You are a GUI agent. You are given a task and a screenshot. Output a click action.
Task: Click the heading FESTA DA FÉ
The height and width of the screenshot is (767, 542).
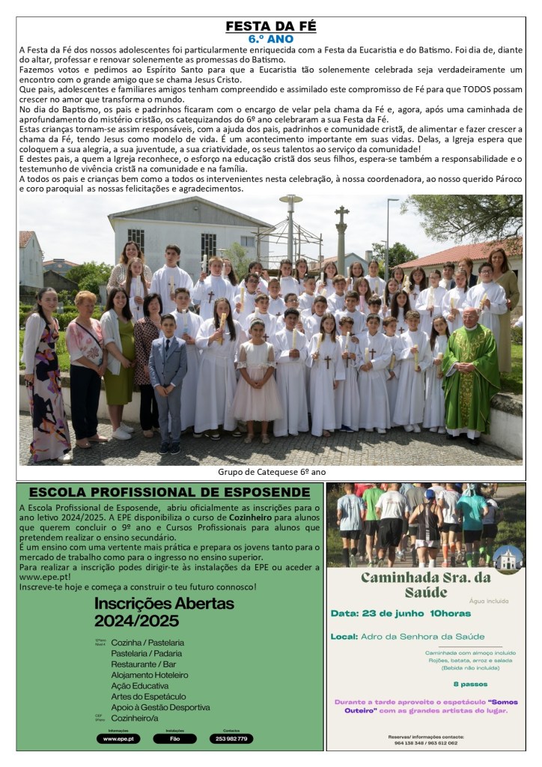coord(271,26)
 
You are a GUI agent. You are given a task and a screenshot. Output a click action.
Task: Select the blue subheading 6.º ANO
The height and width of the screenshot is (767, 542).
coord(270,38)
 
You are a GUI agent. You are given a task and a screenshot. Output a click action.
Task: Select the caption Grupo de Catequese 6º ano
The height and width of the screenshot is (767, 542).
coord(271,472)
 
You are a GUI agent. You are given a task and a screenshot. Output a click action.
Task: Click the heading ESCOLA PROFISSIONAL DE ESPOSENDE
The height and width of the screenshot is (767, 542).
coord(168,493)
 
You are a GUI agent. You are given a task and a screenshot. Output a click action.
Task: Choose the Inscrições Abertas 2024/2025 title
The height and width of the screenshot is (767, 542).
coord(164,612)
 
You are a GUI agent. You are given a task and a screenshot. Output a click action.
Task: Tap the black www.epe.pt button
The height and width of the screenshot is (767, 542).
coord(118,739)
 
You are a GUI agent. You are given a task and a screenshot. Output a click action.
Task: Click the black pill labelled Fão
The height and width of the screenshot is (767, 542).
coord(174,739)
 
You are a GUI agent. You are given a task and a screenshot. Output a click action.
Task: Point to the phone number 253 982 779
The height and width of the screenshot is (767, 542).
coord(231,739)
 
